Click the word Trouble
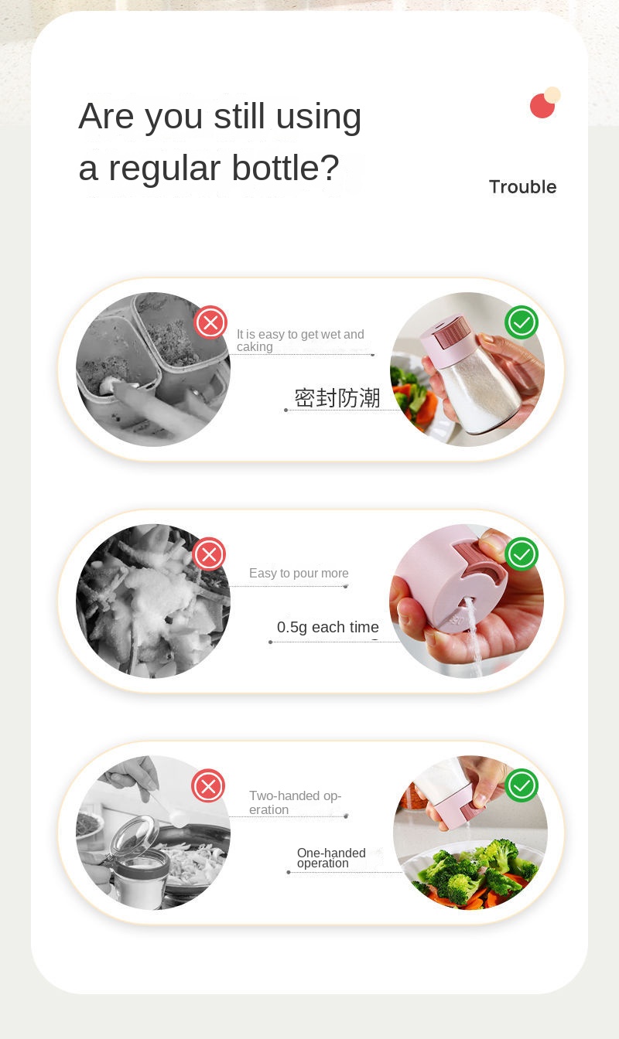(x=522, y=187)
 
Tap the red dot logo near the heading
(x=544, y=103)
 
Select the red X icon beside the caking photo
(x=210, y=322)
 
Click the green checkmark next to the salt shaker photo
(x=522, y=322)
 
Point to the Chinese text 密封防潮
(x=337, y=398)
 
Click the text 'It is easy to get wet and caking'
(x=300, y=340)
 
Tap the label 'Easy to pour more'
(x=299, y=574)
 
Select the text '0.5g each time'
(x=328, y=627)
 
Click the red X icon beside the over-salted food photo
(x=209, y=554)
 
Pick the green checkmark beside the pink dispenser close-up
(x=522, y=554)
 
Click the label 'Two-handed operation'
(x=296, y=802)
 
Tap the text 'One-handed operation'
(x=331, y=858)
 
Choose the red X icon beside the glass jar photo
(x=208, y=785)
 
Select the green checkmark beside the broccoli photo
(x=522, y=785)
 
